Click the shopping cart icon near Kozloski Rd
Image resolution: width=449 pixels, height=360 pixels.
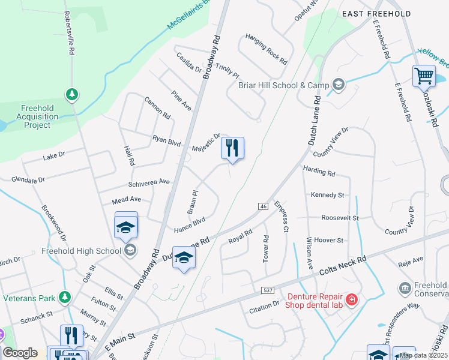[x=424, y=76]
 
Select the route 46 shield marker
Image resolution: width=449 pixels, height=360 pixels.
[x=264, y=206]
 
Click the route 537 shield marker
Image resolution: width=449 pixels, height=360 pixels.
[x=269, y=290]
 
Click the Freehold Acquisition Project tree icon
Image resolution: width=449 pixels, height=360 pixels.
[x=72, y=95]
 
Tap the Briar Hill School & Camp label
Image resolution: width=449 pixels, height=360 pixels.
[x=284, y=85]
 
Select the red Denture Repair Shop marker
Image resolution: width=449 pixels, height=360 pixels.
[x=351, y=299]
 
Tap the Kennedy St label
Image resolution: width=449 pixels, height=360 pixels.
[x=327, y=195]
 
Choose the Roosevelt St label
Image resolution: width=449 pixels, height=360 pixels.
[x=340, y=218]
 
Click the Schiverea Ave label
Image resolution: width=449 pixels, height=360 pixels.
[x=149, y=182]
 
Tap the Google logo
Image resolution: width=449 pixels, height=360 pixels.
[x=20, y=353]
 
